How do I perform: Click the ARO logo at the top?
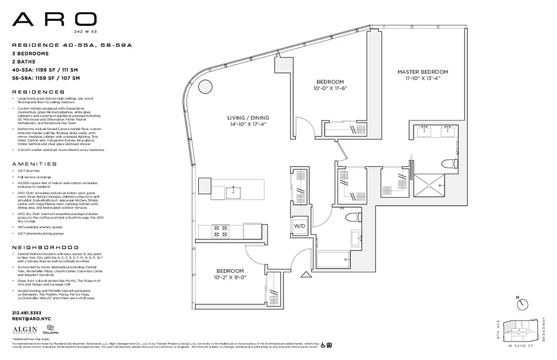tap(54, 19)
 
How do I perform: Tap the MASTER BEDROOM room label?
tap(422, 72)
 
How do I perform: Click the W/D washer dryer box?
tap(300, 226)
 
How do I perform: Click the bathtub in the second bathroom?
tap(333, 260)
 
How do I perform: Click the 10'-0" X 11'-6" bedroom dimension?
tap(330, 88)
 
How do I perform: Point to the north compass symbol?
tap(522, 304)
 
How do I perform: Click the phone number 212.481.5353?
tap(27, 313)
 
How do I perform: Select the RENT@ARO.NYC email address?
tap(32, 319)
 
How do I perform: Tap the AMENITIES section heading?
tap(35, 164)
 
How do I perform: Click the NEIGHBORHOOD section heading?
tap(45, 247)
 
